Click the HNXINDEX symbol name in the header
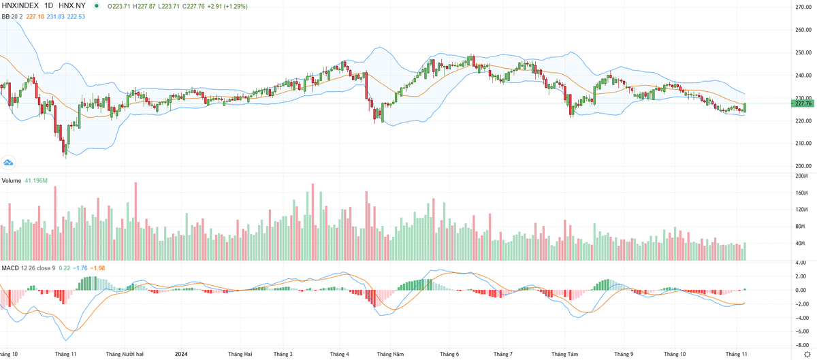(x=20, y=6)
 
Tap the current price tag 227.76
(x=803, y=103)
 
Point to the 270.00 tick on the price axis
(x=804, y=7)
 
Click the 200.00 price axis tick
(x=804, y=166)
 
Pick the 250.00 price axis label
(x=804, y=52)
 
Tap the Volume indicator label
(x=11, y=180)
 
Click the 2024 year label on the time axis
(x=181, y=354)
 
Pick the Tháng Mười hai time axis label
(x=125, y=354)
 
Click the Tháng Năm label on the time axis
(x=391, y=354)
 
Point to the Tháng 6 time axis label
(x=449, y=354)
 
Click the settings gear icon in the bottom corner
(x=807, y=354)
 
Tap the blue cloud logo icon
(x=9, y=162)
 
